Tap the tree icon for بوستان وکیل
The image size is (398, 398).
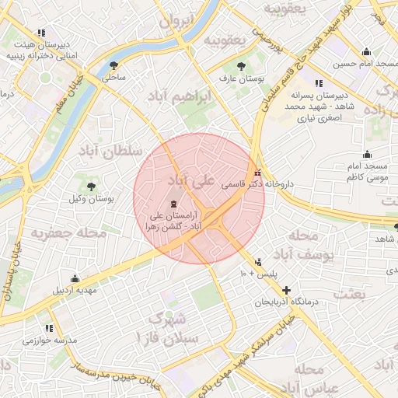(x=91, y=187)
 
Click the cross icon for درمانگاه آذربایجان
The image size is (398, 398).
(x=286, y=289)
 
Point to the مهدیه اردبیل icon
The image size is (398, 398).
(x=75, y=278)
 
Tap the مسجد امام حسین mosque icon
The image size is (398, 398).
(x=367, y=53)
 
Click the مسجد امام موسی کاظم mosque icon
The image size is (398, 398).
(x=367, y=155)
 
